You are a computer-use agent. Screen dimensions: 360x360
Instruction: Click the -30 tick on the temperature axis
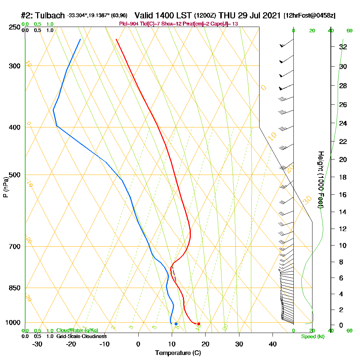pyautogui.click(x=37, y=344)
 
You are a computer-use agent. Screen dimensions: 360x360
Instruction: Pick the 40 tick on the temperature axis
pyautogui.click(x=273, y=344)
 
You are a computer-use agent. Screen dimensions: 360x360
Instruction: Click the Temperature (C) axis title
pyautogui.click(x=178, y=353)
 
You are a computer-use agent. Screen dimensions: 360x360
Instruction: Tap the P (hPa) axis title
pyautogui.click(x=5, y=187)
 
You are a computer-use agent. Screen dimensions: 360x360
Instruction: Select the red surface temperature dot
pyautogui.click(x=199, y=324)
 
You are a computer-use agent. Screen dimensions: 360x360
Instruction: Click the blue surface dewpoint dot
pyautogui.click(x=176, y=324)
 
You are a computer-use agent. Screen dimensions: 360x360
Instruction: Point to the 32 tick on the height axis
pyautogui.click(x=343, y=47)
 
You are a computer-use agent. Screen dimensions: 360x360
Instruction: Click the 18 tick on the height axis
pyautogui.click(x=343, y=177)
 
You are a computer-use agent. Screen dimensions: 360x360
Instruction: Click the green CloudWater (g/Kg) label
pyautogui.click(x=77, y=330)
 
